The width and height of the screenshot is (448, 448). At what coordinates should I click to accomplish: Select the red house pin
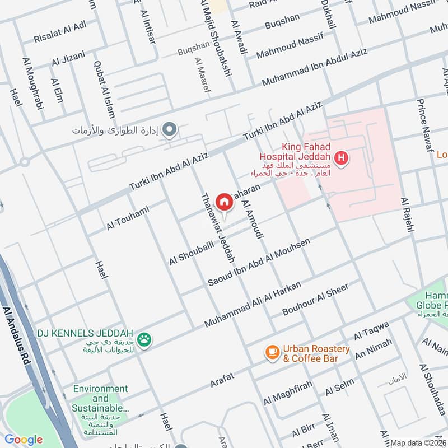(x=224, y=202)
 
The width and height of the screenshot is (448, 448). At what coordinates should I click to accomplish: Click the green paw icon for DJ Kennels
(x=144, y=339)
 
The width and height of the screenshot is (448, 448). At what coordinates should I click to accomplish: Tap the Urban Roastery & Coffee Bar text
(x=316, y=353)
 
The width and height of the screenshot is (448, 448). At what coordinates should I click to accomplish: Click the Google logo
(x=24, y=440)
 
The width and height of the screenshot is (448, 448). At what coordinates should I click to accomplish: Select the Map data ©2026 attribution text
(x=418, y=442)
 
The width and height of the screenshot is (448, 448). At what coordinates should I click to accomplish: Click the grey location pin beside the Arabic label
(x=171, y=131)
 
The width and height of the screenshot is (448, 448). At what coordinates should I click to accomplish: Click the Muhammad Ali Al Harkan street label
(x=253, y=305)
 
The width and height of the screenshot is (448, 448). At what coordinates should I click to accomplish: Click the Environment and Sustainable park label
(x=101, y=399)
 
